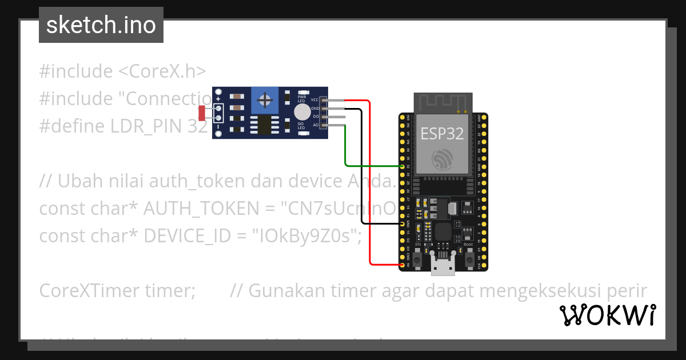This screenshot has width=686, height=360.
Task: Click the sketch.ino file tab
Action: [x=101, y=25]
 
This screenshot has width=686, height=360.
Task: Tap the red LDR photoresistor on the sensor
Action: [x=202, y=113]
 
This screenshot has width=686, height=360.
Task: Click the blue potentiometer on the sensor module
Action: [x=265, y=101]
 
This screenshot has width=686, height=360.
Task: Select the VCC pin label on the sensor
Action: [x=314, y=100]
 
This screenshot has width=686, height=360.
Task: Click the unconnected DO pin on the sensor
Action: [x=324, y=117]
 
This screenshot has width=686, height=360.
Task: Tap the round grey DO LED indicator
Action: [x=302, y=112]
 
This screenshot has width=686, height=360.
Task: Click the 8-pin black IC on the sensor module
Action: [x=265, y=125]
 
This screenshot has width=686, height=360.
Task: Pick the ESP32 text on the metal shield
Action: [x=442, y=133]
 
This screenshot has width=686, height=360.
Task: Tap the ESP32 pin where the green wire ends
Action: [x=402, y=166]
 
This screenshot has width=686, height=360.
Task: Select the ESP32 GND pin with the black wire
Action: [x=402, y=224]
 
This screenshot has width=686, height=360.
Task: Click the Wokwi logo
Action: [x=607, y=315]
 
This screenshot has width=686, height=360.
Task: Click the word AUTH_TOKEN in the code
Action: [x=202, y=209]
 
